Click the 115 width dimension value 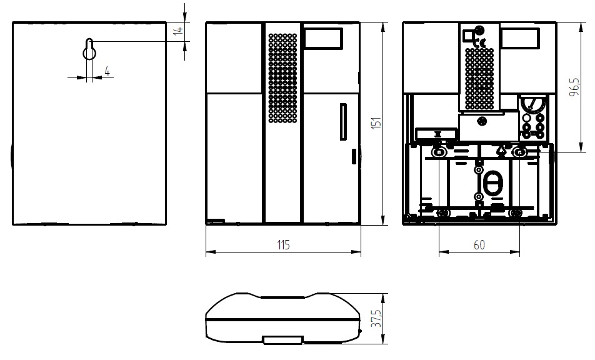pos(284,245)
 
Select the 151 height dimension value pos(376,123)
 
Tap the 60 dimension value pos(479,245)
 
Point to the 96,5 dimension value pos(575,87)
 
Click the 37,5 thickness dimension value pos(376,319)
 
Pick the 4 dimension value pos(107,71)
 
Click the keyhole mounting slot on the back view pos(89,49)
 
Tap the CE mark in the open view pos(480,42)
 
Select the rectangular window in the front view pos(324,38)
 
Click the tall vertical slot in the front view pos(343,122)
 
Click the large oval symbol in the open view pos(492,184)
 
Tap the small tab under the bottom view pos(283,340)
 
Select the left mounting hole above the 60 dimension pos(439,152)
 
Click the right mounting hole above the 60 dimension pos(519,152)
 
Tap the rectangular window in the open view pos(520,38)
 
